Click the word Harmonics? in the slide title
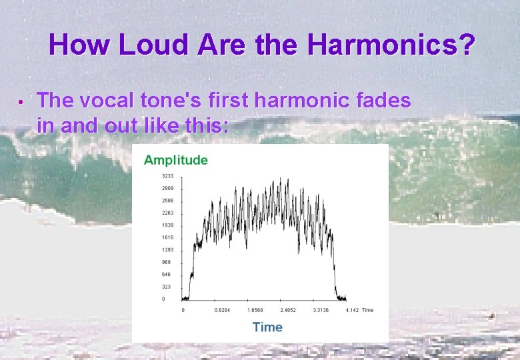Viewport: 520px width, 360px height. point(391,45)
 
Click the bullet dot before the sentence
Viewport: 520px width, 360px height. point(21,103)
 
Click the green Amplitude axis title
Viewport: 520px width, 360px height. point(176,160)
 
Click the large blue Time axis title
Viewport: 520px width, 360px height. point(267,327)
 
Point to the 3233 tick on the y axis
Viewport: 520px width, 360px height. point(167,176)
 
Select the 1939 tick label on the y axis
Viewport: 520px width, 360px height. point(167,225)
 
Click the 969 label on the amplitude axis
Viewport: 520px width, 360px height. point(166,262)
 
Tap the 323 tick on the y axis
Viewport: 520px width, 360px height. point(166,287)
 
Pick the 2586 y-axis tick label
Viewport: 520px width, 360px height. point(167,201)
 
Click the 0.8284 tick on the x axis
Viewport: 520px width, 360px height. point(222,310)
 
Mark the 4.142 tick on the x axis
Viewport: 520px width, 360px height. point(353,310)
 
